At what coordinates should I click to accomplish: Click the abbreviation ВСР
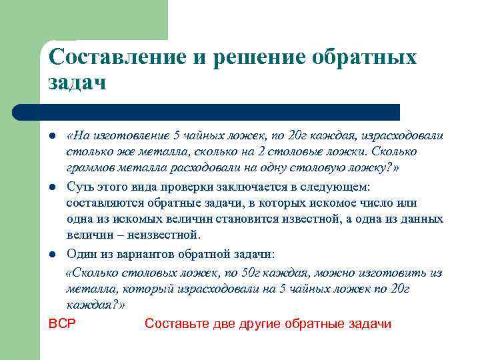(x=63, y=324)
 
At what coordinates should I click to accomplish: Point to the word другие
(x=257, y=324)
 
